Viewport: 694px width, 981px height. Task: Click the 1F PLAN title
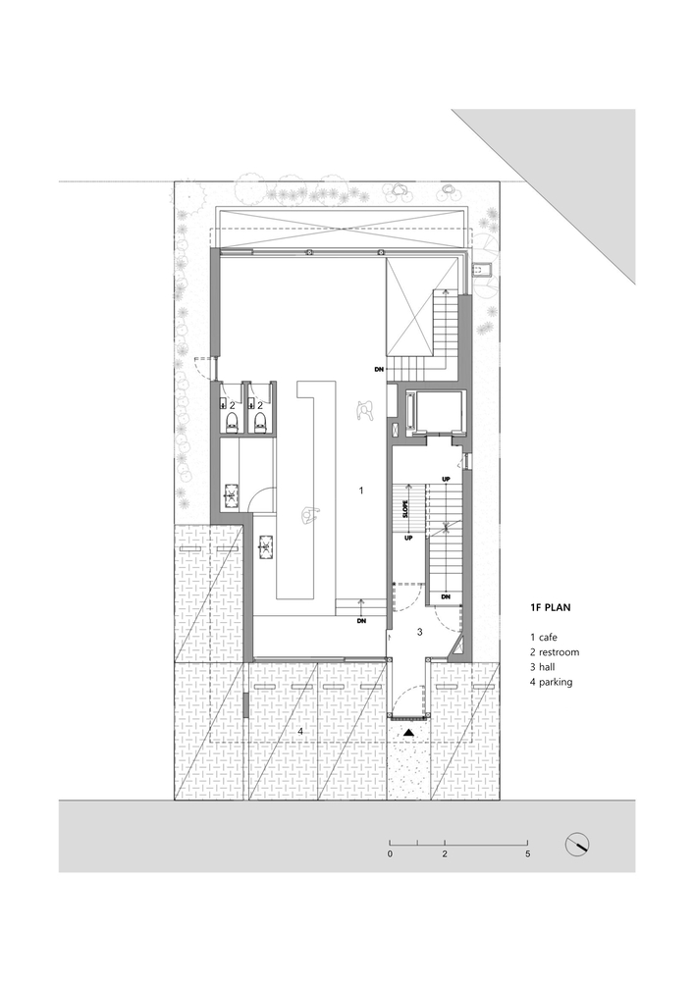point(550,607)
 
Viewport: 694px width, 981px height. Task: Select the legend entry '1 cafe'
point(543,638)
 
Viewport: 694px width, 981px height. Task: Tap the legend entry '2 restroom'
point(555,652)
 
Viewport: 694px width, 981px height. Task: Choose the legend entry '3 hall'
point(542,667)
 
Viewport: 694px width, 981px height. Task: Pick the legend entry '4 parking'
point(552,683)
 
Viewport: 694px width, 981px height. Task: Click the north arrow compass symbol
point(577,846)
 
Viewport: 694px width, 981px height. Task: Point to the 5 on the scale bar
point(527,854)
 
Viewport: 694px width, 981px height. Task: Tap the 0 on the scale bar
point(390,854)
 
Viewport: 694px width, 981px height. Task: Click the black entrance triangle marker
point(408,732)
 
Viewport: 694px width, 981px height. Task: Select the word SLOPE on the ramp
point(405,508)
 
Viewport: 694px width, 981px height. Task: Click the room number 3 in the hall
point(419,632)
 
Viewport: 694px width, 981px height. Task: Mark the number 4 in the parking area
point(300,732)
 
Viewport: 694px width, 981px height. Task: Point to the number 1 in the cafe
point(361,490)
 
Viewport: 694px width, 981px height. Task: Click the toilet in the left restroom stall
point(232,422)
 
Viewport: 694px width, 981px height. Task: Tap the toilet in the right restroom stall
point(260,422)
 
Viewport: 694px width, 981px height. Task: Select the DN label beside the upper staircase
point(379,370)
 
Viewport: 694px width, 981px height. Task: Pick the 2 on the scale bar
point(445,854)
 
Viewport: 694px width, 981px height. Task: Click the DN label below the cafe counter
point(361,621)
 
